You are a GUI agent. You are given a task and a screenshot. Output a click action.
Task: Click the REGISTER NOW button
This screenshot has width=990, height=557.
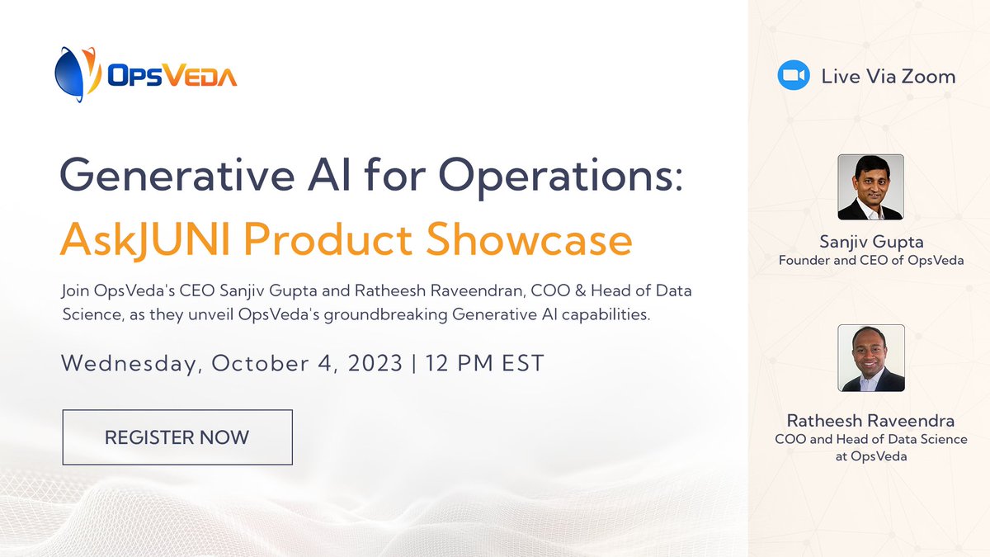[177, 437]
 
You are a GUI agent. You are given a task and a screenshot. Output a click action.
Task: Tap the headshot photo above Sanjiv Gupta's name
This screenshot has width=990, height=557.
[870, 187]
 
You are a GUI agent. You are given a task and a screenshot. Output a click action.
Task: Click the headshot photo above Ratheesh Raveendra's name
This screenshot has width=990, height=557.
[870, 358]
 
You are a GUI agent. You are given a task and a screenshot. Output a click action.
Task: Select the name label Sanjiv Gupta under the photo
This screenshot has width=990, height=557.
[871, 242]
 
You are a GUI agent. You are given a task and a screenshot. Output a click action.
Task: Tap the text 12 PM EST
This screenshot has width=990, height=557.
[484, 363]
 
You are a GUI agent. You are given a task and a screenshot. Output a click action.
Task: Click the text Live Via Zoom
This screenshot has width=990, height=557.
[889, 77]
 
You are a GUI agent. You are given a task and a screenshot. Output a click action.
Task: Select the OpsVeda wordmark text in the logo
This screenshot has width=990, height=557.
[172, 77]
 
